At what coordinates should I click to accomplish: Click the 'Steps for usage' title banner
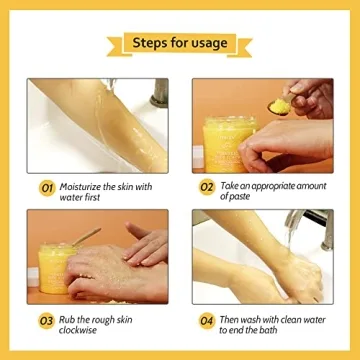[179, 43]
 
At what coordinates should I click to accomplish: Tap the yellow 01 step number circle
[46, 187]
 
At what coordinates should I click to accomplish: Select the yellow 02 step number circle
[206, 187]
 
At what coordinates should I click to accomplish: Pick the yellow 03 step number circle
[46, 321]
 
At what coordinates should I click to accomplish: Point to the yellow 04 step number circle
[206, 321]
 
